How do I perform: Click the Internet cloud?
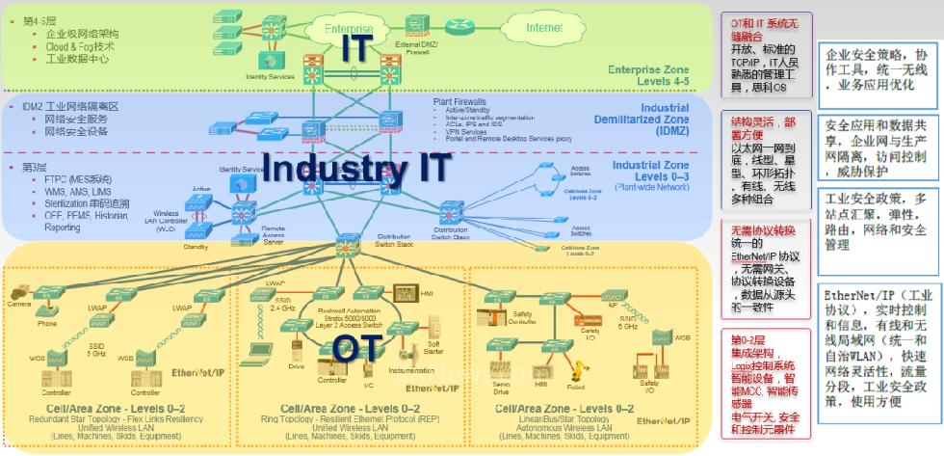click(x=543, y=29)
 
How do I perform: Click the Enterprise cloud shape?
click(x=349, y=30)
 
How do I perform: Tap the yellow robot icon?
click(x=578, y=368)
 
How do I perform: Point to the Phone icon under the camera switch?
click(x=47, y=310)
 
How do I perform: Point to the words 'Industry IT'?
click(x=355, y=166)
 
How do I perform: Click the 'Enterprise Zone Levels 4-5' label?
click(x=648, y=75)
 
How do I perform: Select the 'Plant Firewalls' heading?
click(x=459, y=100)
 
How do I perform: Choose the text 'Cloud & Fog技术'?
click(x=80, y=45)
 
